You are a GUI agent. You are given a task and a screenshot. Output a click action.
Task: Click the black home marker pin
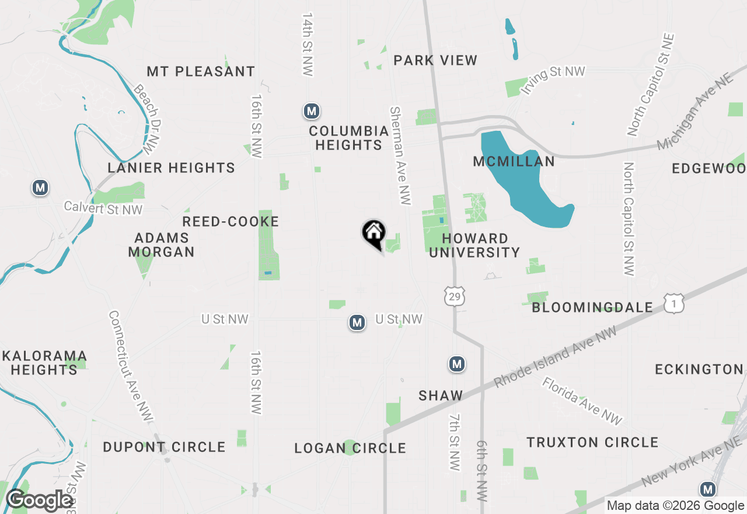tap(374, 233)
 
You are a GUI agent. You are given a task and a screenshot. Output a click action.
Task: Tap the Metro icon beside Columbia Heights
tap(312, 110)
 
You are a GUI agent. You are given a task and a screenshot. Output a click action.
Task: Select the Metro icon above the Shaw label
tap(456, 364)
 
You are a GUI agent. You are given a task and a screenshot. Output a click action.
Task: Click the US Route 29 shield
tap(455, 296)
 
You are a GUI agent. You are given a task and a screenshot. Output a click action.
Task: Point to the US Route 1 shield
tap(673, 303)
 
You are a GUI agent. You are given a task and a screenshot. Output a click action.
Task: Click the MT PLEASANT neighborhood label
tap(201, 71)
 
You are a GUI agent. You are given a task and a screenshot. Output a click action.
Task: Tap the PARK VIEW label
tap(435, 60)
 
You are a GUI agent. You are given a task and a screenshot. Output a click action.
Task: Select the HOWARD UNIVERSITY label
tap(474, 245)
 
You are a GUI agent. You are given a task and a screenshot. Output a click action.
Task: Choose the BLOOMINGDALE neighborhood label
tap(592, 307)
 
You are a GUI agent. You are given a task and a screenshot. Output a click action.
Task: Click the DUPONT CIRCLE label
tap(164, 447)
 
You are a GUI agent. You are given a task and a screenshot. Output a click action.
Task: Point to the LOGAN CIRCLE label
tap(350, 448)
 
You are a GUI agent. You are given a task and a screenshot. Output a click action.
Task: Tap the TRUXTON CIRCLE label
tap(592, 442)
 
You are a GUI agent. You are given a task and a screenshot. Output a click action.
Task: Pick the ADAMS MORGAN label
tap(161, 245)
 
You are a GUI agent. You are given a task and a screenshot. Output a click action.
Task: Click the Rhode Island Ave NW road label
tap(555, 356)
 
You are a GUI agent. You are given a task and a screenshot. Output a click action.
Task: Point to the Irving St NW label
tap(553, 79)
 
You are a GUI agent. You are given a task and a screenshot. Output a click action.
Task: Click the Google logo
tap(39, 500)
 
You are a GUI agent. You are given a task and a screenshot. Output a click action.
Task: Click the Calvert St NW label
tap(103, 207)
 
